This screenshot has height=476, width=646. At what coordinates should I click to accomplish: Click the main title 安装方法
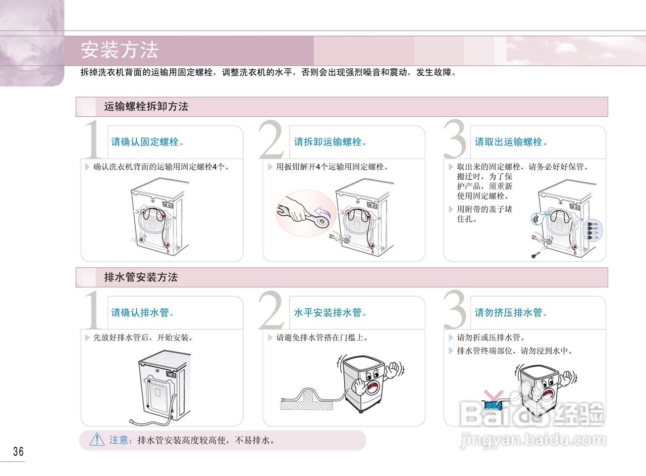click(x=120, y=51)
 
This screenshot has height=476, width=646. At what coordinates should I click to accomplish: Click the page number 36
click(x=18, y=451)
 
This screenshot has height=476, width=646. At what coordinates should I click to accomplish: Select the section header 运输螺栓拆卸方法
click(x=146, y=107)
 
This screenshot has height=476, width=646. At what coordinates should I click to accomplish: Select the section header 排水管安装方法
click(x=141, y=277)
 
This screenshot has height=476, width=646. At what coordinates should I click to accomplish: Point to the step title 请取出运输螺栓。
click(x=511, y=142)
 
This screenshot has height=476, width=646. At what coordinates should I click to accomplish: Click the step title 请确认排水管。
click(x=143, y=313)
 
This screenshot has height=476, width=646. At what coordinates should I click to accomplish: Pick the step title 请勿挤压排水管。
click(x=511, y=313)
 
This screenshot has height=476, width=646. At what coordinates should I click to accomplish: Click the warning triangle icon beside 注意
click(x=97, y=440)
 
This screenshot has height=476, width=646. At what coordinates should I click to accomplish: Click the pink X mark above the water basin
click(x=493, y=395)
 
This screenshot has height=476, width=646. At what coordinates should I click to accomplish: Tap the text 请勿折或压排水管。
click(x=491, y=338)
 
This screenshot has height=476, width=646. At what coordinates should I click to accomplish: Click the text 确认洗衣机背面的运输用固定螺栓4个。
click(x=162, y=167)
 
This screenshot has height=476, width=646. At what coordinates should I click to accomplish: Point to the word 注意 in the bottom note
click(x=120, y=440)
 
